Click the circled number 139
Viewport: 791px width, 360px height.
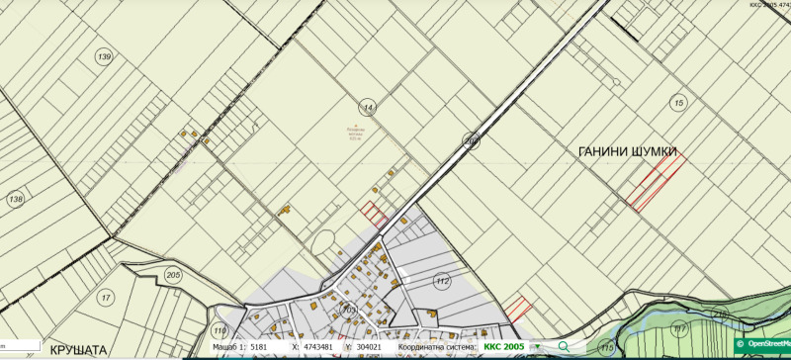(104, 57)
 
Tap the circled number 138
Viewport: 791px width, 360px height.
(15, 199)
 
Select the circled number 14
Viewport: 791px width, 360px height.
(369, 107)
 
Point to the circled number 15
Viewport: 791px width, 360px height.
(677, 102)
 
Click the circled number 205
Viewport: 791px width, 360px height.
(173, 275)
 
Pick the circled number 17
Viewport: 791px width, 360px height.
(105, 297)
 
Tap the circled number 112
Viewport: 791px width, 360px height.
(442, 282)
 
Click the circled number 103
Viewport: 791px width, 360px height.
(348, 311)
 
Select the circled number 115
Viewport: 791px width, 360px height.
(606, 347)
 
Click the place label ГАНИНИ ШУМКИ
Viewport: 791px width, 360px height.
(628, 151)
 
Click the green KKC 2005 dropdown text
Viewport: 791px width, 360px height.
(505, 348)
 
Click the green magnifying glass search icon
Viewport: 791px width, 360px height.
(563, 347)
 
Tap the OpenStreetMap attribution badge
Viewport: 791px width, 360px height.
(763, 344)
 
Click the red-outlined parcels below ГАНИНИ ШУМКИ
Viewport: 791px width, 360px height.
(656, 182)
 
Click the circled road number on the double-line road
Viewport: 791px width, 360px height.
(472, 140)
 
